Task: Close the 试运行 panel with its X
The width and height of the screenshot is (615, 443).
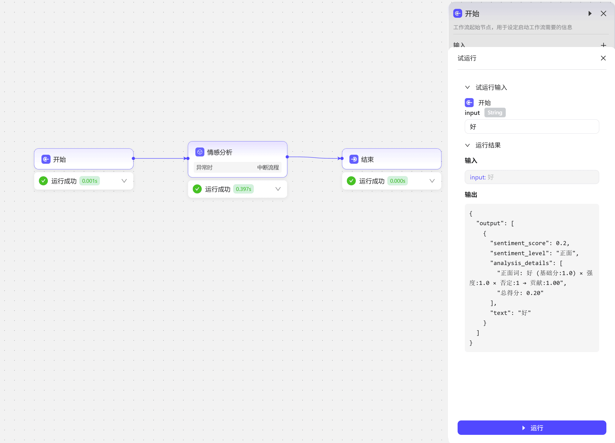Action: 603,58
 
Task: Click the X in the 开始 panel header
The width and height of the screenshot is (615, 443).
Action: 603,14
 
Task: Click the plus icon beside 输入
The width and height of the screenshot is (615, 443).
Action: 603,45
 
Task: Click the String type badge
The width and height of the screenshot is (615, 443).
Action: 495,113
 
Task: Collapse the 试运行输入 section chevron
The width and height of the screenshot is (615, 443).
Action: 467,87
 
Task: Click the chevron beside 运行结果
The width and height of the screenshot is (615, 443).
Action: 467,145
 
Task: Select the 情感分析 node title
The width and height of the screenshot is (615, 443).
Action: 220,152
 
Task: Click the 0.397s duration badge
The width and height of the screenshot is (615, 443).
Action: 243,189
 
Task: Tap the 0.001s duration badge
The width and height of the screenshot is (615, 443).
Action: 90,181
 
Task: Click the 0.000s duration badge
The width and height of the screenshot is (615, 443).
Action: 397,181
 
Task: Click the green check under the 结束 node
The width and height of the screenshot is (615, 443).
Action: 351,181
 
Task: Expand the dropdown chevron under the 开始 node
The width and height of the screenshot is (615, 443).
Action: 124,181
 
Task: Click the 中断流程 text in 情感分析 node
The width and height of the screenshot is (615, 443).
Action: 268,167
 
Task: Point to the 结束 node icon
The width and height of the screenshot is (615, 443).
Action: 354,159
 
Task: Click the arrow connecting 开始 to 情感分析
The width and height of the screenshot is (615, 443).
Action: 161,159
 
